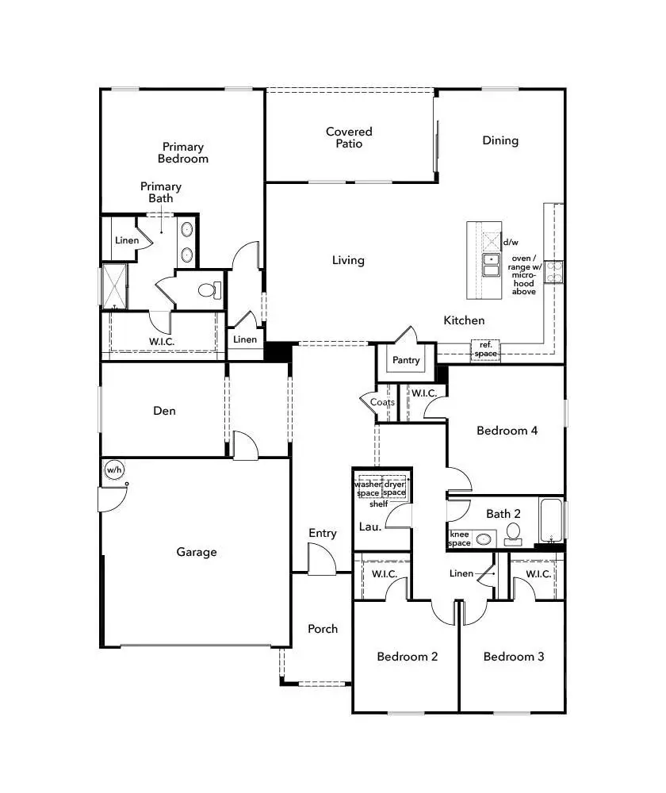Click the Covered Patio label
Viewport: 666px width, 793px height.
pyautogui.click(x=349, y=137)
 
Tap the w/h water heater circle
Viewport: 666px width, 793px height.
pyautogui.click(x=114, y=470)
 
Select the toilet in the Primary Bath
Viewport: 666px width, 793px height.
pyautogui.click(x=209, y=290)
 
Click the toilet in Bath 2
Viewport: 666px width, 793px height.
pyautogui.click(x=513, y=533)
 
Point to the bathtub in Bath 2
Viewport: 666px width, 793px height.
pyautogui.click(x=553, y=519)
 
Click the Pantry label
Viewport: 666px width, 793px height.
pyautogui.click(x=406, y=360)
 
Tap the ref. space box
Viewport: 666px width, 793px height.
pyautogui.click(x=486, y=349)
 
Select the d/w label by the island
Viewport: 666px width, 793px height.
pyautogui.click(x=511, y=242)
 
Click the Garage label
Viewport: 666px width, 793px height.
pyautogui.click(x=197, y=552)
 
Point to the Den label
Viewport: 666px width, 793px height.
pyautogui.click(x=164, y=411)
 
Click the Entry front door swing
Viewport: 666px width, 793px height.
pyautogui.click(x=321, y=563)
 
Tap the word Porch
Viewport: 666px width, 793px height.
pyautogui.click(x=323, y=629)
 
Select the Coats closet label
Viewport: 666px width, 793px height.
pyautogui.click(x=383, y=403)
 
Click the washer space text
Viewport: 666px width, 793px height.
pyautogui.click(x=368, y=488)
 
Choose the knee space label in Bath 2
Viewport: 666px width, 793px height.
pyautogui.click(x=461, y=538)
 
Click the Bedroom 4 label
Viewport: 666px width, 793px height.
pyautogui.click(x=507, y=431)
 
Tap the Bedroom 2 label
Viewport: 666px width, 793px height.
pyautogui.click(x=408, y=657)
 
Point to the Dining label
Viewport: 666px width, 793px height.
pyautogui.click(x=500, y=140)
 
